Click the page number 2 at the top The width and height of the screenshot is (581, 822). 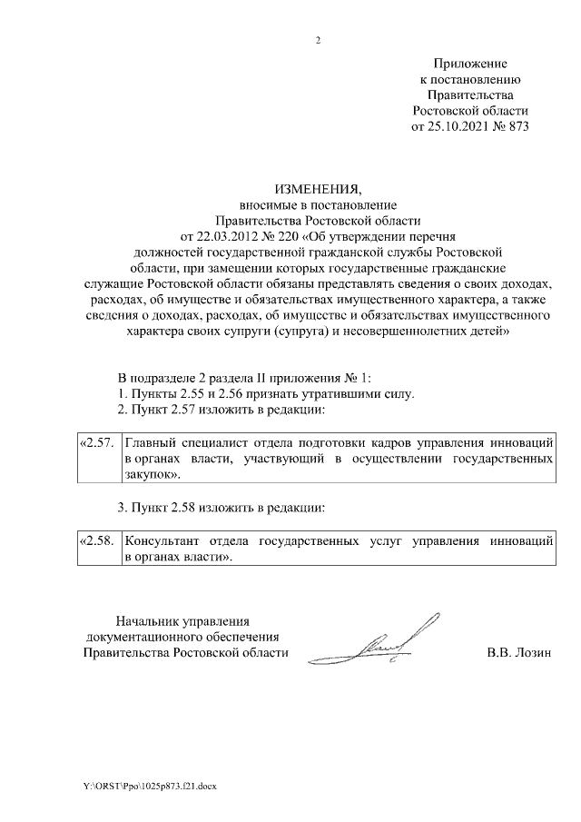tap(318, 40)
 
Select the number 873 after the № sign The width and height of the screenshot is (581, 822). tap(515, 125)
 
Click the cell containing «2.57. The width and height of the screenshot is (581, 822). tap(96, 443)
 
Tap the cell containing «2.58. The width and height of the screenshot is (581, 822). tap(96, 540)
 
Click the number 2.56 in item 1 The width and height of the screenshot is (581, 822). tap(241, 394)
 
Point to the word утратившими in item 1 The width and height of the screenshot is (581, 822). tap(349, 394)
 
